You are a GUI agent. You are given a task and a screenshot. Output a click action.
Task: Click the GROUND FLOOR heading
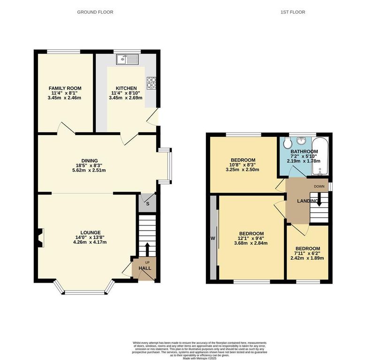pos(95,12)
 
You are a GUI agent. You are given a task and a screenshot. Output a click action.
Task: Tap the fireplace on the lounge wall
pos(40,237)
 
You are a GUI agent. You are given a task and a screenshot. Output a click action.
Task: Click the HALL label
pos(145,268)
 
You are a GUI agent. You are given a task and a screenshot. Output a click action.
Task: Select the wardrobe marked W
pos(213,238)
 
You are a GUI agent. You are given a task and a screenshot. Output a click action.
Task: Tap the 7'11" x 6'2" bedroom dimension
pos(307,254)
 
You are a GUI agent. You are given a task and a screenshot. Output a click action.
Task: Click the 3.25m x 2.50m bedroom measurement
pos(243,170)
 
